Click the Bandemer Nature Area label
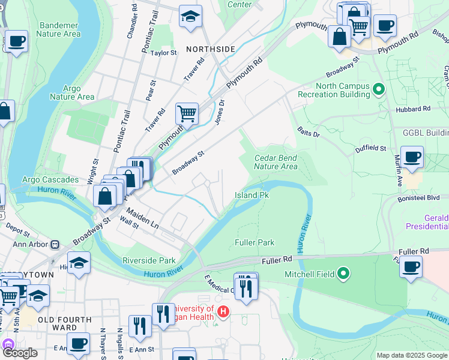pyautogui.click(x=59, y=29)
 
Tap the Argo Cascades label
pyautogui.click(x=50, y=179)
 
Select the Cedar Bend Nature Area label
pyautogui.click(x=276, y=162)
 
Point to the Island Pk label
pyautogui.click(x=251, y=196)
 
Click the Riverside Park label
pyautogui.click(x=149, y=260)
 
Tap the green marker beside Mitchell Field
pyautogui.click(x=343, y=274)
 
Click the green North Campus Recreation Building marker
pyautogui.click(x=379, y=90)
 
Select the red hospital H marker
pyautogui.click(x=223, y=311)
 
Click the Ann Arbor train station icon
pyautogui.click(x=55, y=244)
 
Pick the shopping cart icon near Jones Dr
pyautogui.click(x=187, y=112)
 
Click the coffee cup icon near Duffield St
pyautogui.click(x=412, y=157)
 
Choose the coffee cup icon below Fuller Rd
pyautogui.click(x=411, y=266)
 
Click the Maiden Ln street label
pyautogui.click(x=142, y=218)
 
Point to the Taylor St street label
pyautogui.click(x=164, y=53)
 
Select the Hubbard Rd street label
pyautogui.click(x=413, y=109)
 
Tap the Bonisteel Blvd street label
pyautogui.click(x=418, y=197)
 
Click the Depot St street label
pyautogui.click(x=17, y=230)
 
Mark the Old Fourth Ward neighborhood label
pyautogui.click(x=65, y=324)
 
